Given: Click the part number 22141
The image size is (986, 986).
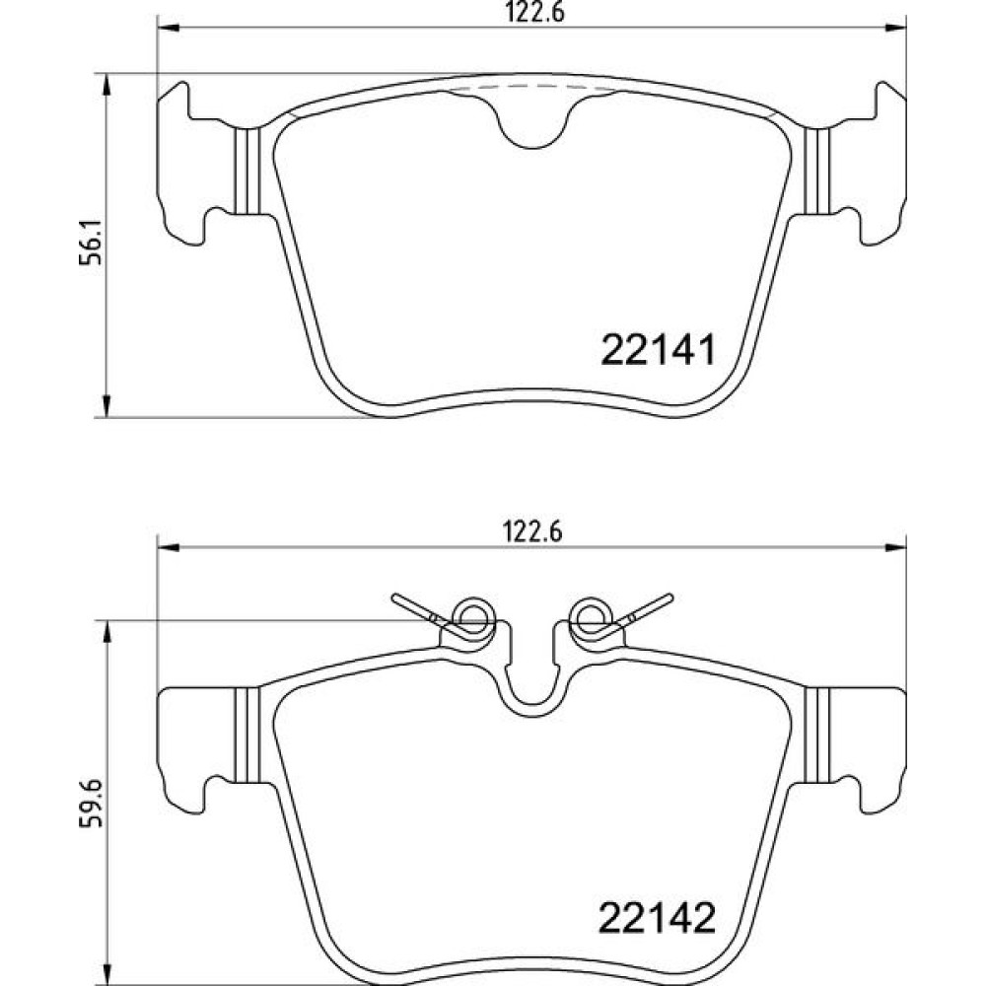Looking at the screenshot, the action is pyautogui.click(x=659, y=350).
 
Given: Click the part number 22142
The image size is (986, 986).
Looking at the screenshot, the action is pyautogui.click(x=657, y=919).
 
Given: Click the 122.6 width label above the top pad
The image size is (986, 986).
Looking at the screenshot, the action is pyautogui.click(x=534, y=12).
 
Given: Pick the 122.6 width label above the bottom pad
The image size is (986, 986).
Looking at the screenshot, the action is pyautogui.click(x=532, y=532).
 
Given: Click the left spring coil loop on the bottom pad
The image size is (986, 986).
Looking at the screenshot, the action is pyautogui.click(x=473, y=616).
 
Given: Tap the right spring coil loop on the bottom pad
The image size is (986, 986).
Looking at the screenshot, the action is pyautogui.click(x=591, y=616).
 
